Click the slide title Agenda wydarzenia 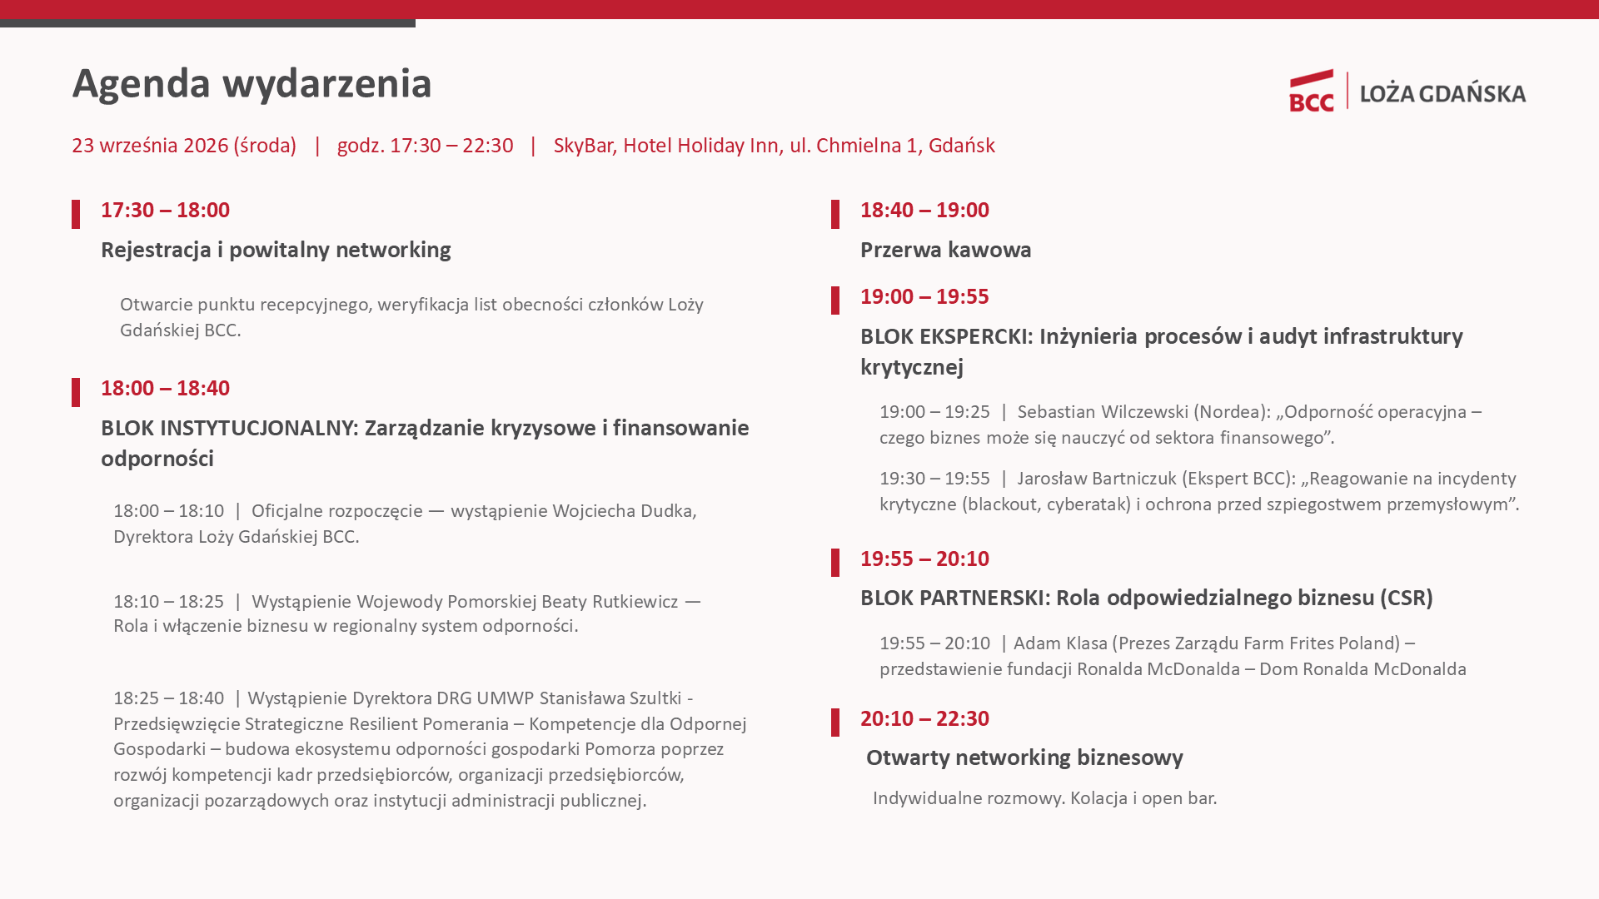(252, 84)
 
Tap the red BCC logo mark (1312, 91)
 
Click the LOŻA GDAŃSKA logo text (1443, 92)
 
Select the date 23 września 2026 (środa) (184, 146)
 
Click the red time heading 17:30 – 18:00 (165, 210)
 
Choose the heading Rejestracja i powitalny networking (276, 250)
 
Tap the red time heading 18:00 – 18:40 (165, 388)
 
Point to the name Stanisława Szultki (610, 698)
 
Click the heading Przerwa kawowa (946, 250)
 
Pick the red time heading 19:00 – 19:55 (924, 296)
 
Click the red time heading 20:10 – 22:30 (924, 718)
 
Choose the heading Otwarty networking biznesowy (1024, 757)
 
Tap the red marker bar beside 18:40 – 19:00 (835, 214)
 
